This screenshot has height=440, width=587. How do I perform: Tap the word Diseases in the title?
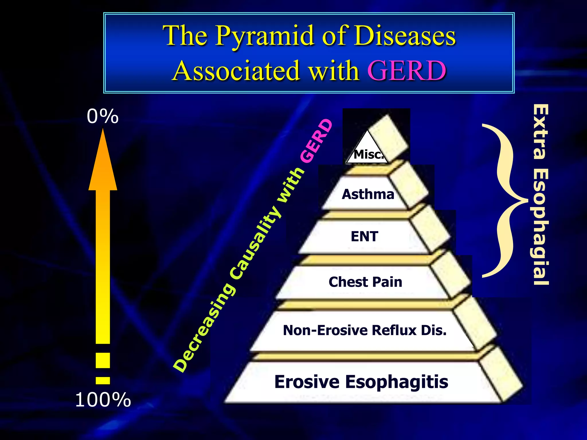pos(404,36)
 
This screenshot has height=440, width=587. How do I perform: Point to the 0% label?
pos(103,117)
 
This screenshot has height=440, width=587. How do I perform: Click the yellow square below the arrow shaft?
pos(103,360)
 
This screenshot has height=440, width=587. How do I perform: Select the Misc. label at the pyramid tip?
pos(368,155)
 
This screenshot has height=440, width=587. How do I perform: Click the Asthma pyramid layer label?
pos(368,194)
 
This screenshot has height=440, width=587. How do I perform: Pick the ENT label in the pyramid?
pos(365,237)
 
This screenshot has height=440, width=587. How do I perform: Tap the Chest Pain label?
pos(365,282)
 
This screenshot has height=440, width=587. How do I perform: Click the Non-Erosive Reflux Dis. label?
pos(365,330)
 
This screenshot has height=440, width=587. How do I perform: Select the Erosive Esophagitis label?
pos(361,382)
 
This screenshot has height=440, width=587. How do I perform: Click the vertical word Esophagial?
pos(541,226)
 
